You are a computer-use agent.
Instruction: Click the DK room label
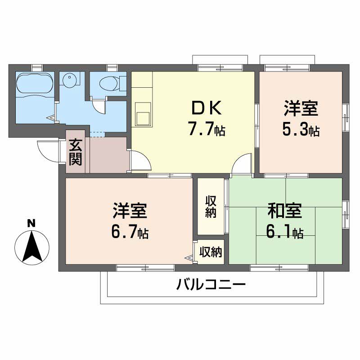pyautogui.click(x=206, y=108)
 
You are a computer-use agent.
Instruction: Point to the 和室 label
pyautogui.click(x=284, y=211)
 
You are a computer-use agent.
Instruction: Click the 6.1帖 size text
pyautogui.click(x=284, y=232)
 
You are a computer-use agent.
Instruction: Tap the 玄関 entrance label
pyautogui.click(x=75, y=153)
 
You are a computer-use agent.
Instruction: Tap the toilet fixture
pyautogui.click(x=108, y=82)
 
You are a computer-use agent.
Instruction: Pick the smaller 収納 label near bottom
pyautogui.click(x=211, y=252)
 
